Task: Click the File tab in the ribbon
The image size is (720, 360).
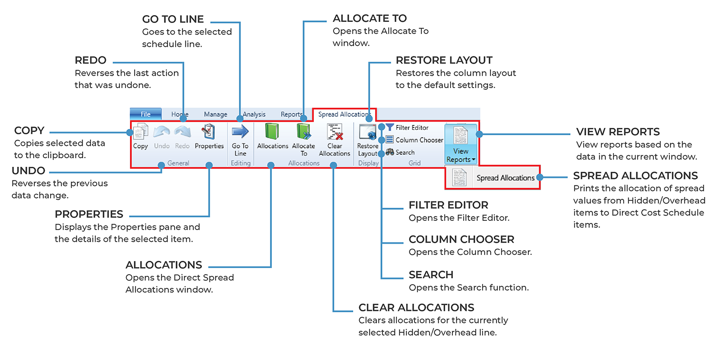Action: tap(145, 114)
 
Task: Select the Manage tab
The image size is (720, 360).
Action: tap(216, 114)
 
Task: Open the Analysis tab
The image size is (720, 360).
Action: tap(254, 114)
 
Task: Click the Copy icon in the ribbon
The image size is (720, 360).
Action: tap(141, 133)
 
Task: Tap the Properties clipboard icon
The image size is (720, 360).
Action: tap(209, 132)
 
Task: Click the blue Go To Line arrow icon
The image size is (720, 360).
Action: tap(240, 132)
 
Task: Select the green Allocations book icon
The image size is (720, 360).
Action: tap(272, 132)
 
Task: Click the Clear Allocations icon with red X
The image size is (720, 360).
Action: tap(335, 132)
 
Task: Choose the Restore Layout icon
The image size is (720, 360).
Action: tap(367, 133)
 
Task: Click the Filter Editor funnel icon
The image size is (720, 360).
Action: tap(390, 127)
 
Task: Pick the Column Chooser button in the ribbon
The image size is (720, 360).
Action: tap(414, 140)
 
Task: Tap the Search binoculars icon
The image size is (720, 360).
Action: tap(390, 152)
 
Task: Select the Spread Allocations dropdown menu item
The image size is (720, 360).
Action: tap(505, 178)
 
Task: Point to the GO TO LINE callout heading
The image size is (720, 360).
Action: tap(173, 19)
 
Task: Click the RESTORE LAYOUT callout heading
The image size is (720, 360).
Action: tap(444, 60)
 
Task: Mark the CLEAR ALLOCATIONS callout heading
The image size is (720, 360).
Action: tap(416, 307)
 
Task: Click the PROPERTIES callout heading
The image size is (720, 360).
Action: tap(89, 215)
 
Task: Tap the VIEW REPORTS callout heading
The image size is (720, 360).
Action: tap(618, 132)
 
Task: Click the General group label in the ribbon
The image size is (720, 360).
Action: tap(178, 163)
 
